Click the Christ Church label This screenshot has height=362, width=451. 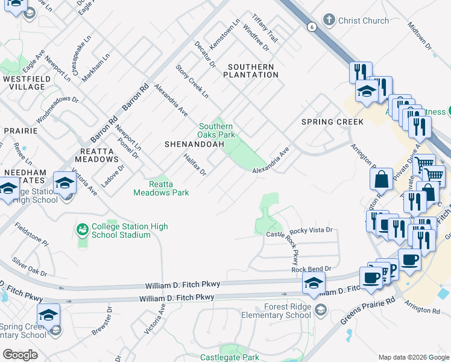[363, 21]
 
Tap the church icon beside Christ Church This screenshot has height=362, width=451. [329, 21]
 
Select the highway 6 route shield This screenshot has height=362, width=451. [311, 27]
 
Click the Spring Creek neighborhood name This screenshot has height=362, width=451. [333, 122]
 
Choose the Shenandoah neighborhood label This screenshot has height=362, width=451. [194, 144]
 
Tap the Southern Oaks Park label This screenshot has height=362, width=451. [217, 130]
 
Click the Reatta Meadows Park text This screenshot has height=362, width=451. [161, 188]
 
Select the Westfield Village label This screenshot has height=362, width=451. [24, 83]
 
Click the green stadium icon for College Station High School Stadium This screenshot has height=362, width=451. [82, 230]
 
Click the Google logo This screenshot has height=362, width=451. [20, 355]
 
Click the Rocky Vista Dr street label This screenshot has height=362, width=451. [311, 230]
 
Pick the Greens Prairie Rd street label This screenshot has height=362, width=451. [368, 310]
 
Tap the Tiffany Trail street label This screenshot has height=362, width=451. [265, 28]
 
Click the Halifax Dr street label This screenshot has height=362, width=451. [195, 164]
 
